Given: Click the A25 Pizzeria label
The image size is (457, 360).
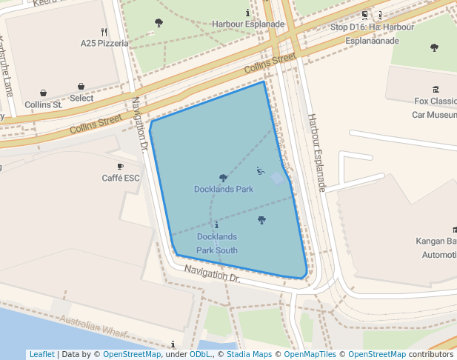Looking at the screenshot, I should tap(104, 43).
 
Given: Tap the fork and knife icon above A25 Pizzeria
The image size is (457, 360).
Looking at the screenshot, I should tap(104, 32).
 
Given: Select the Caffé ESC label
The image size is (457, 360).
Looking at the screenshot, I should tap(121, 178).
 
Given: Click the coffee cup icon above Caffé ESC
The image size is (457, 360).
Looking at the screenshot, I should tap(121, 167).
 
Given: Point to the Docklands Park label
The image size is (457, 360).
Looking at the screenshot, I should tap(224, 189).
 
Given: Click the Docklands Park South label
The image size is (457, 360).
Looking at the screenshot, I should tap(217, 243).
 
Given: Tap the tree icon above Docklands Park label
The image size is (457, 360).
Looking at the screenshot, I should tap(223, 178).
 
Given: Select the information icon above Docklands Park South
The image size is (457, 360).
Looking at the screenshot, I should tap(216, 224).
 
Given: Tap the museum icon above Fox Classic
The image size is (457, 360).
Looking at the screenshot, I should tap(436, 89).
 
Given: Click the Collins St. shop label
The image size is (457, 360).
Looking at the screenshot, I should tap(43, 105).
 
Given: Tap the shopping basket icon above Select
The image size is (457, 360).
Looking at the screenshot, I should tap(81, 87).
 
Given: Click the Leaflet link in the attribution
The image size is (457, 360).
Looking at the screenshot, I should tap(41, 354).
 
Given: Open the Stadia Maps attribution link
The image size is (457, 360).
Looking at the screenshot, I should tap(250, 354).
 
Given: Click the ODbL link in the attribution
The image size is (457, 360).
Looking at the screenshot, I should tap(200, 354).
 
